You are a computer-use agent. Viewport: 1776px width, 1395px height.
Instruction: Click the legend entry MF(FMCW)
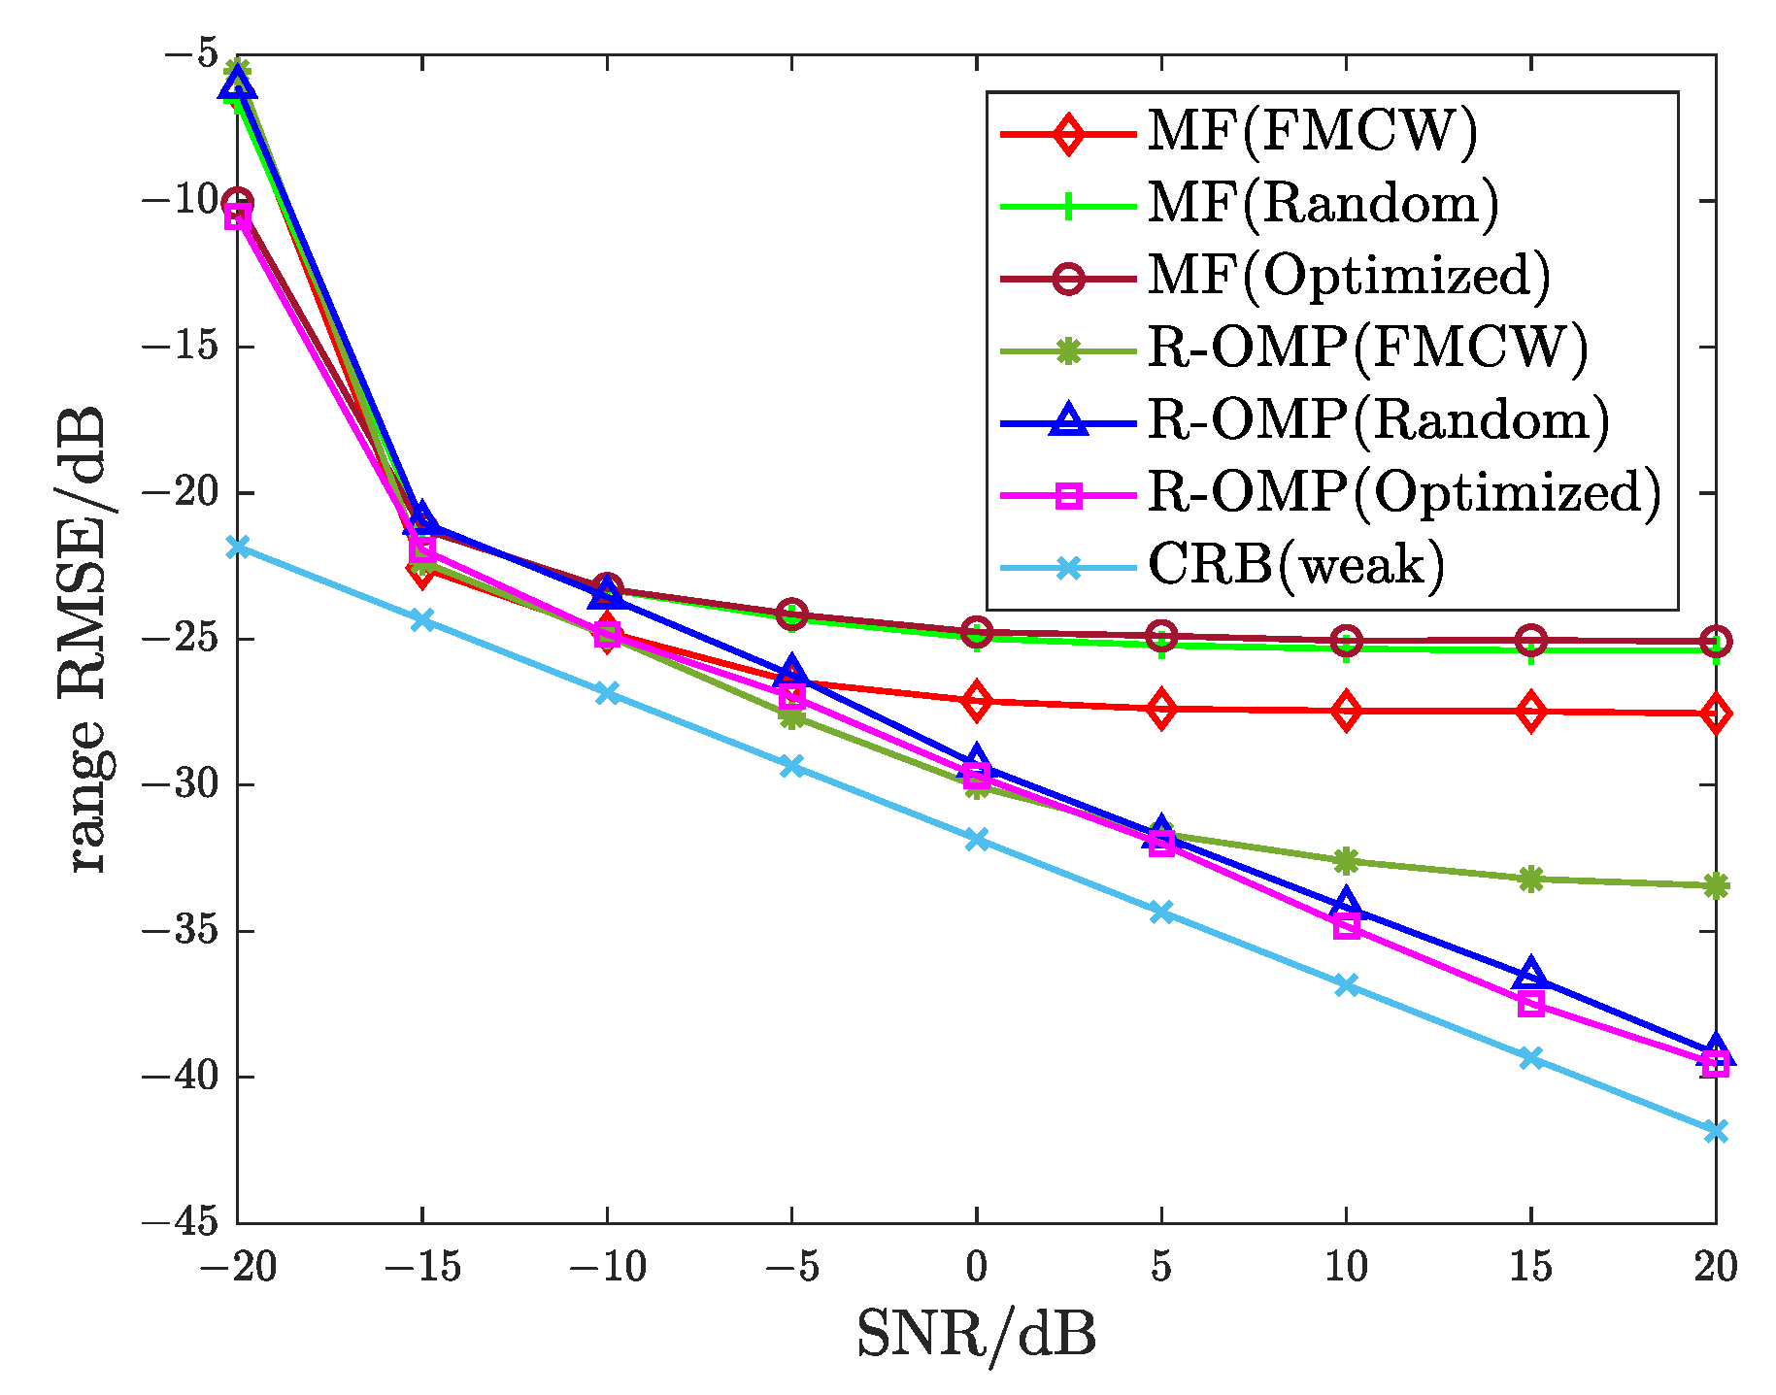[1311, 130]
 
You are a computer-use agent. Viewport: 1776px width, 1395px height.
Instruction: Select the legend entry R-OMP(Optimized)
[1403, 492]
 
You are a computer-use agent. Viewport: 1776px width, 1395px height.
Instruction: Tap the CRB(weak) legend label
[1295, 564]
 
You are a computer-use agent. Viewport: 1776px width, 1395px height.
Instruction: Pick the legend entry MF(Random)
[1323, 203]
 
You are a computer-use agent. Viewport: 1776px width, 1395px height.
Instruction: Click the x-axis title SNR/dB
[976, 1335]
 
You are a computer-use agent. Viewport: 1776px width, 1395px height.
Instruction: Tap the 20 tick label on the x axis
[1715, 1267]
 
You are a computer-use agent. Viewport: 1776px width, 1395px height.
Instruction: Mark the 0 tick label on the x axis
[976, 1267]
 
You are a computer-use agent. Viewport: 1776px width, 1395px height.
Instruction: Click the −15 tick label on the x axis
[421, 1267]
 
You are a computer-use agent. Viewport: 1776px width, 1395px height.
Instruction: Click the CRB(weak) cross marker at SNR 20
[1715, 1131]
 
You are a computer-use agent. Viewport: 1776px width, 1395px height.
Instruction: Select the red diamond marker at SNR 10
[1346, 712]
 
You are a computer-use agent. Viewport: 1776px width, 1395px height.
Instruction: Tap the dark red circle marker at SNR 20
[1715, 642]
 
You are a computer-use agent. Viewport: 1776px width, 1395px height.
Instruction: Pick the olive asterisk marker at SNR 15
[1530, 880]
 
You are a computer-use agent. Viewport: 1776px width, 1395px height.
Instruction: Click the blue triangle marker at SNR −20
[237, 85]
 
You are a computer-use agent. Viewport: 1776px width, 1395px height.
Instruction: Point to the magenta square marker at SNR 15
[1530, 1004]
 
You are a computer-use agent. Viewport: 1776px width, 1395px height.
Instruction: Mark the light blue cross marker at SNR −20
[237, 548]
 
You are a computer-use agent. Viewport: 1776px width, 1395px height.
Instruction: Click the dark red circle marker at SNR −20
[237, 203]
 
